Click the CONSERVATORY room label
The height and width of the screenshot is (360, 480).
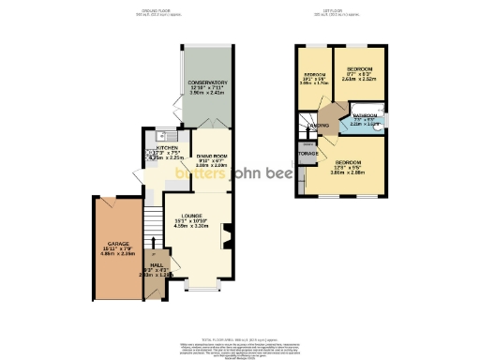pos(207,82)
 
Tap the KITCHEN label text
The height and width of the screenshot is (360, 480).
pos(168,147)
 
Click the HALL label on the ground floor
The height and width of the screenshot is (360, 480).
pos(157,265)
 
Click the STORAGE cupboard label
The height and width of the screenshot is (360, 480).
pos(307,153)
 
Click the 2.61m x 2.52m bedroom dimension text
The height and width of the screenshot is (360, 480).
pos(359,80)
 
